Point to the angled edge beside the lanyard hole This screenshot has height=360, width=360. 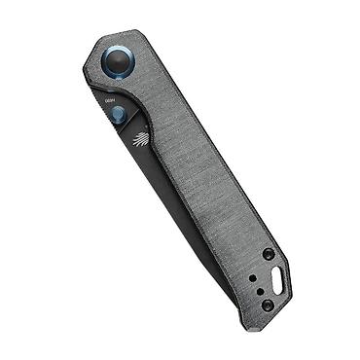click(x=292, y=272)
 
